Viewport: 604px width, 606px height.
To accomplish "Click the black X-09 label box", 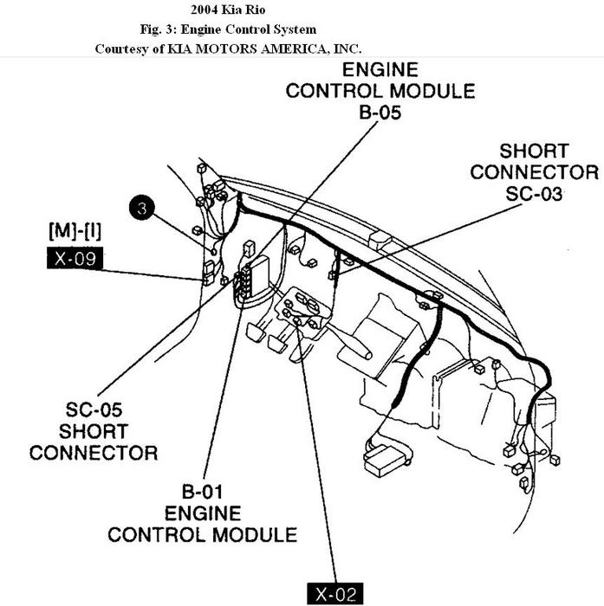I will (75, 257).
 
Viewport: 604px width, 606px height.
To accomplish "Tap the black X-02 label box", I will (335, 595).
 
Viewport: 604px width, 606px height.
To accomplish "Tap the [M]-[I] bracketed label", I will (75, 231).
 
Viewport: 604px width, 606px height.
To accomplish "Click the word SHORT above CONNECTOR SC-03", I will (532, 151).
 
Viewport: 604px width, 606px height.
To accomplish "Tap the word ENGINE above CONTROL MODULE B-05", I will (380, 70).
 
